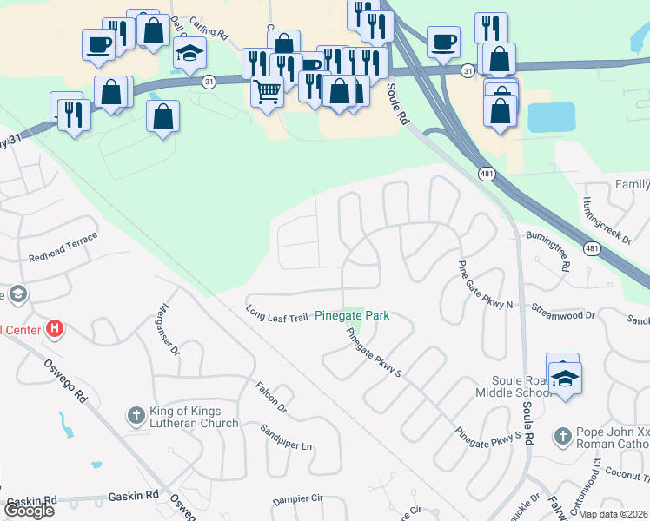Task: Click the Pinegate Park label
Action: [351, 316]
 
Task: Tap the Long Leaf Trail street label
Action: [276, 313]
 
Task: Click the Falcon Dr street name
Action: [270, 395]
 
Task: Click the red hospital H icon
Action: [54, 329]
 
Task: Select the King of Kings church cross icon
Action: [136, 417]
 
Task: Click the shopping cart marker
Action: [267, 89]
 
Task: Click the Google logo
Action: [30, 511]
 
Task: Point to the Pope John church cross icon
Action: [563, 434]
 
